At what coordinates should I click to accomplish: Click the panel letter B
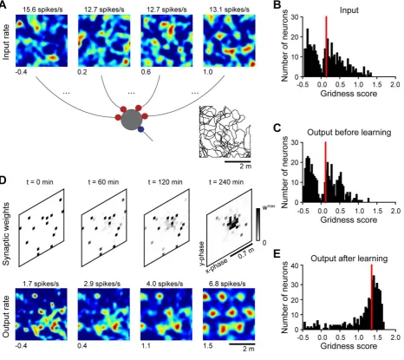coord(277,5)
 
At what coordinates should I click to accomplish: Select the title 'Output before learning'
coord(349,133)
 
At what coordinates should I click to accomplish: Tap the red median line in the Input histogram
coord(326,46)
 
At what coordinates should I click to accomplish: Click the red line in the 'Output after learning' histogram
coord(372,297)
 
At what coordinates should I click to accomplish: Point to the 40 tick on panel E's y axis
coord(296,265)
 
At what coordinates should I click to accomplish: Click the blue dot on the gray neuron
coord(140,130)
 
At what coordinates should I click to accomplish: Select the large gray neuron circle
coord(132,120)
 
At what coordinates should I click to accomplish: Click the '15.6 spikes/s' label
coord(42,10)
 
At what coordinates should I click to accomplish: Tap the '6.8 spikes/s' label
coord(229,284)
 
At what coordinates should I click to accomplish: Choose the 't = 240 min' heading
coord(225,182)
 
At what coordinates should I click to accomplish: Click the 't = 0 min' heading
coord(39,182)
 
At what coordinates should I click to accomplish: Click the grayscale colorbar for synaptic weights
coord(258,225)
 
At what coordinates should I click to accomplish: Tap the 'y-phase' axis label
coord(203,253)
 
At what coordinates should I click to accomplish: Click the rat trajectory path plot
coord(225,132)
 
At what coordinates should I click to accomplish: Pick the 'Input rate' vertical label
coord(6,42)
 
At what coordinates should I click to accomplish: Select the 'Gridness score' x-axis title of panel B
coord(349,94)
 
